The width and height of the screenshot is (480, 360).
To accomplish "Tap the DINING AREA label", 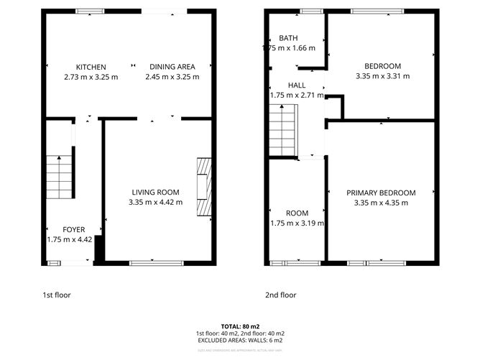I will point(172,67).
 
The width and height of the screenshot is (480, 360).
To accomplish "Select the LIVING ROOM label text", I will point(155,192).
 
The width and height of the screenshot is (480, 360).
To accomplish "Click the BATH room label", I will point(288,38).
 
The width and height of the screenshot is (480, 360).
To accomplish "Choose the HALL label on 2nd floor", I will point(296,85).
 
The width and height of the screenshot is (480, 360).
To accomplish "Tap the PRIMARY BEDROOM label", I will point(381,193).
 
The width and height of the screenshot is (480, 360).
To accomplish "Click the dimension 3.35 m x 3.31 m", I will point(382,76).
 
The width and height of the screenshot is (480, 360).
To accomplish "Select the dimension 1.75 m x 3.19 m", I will point(296,223).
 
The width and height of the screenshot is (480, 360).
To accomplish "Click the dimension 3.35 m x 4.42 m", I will point(155,203).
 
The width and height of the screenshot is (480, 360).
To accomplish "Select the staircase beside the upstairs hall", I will point(282,129).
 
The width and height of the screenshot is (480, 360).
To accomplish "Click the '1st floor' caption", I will point(57,295).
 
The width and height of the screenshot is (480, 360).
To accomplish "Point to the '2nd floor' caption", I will point(281,295).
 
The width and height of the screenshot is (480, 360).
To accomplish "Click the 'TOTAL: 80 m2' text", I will point(239,326).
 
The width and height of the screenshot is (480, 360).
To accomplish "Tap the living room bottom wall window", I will point(152,263).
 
